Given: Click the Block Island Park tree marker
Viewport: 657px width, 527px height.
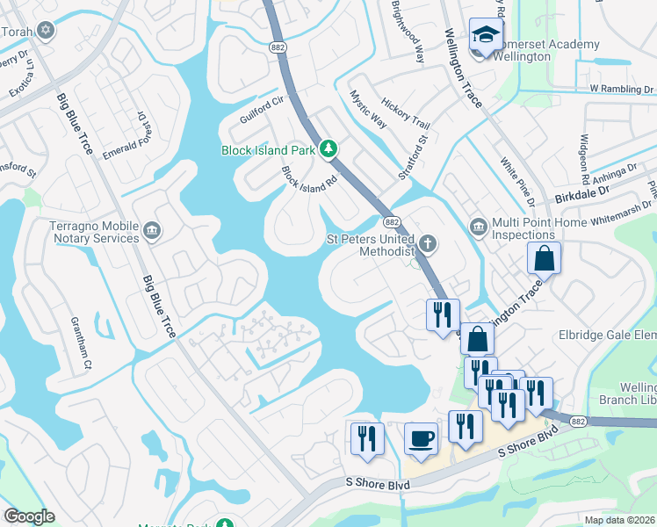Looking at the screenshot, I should (x=328, y=150).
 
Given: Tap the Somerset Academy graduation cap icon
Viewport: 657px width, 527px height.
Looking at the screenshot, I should (x=484, y=36).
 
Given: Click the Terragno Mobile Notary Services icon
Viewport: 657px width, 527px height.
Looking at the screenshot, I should (x=151, y=230).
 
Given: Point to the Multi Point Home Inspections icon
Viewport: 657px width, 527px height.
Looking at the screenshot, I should (x=479, y=227).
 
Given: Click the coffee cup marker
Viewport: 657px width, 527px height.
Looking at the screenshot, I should (x=422, y=438).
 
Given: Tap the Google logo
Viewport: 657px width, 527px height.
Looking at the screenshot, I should (x=29, y=516).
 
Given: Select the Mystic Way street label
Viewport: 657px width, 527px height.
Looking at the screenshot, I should (x=368, y=109).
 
